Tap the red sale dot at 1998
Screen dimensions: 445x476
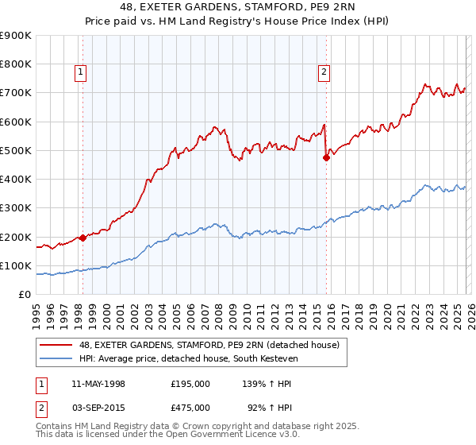point(83,238)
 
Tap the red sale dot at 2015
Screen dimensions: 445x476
point(326,157)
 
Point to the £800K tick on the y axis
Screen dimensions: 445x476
point(16,64)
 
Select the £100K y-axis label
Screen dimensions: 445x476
point(16,265)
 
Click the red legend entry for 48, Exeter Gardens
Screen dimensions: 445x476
point(209,345)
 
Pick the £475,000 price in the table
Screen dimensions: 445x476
point(190,408)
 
